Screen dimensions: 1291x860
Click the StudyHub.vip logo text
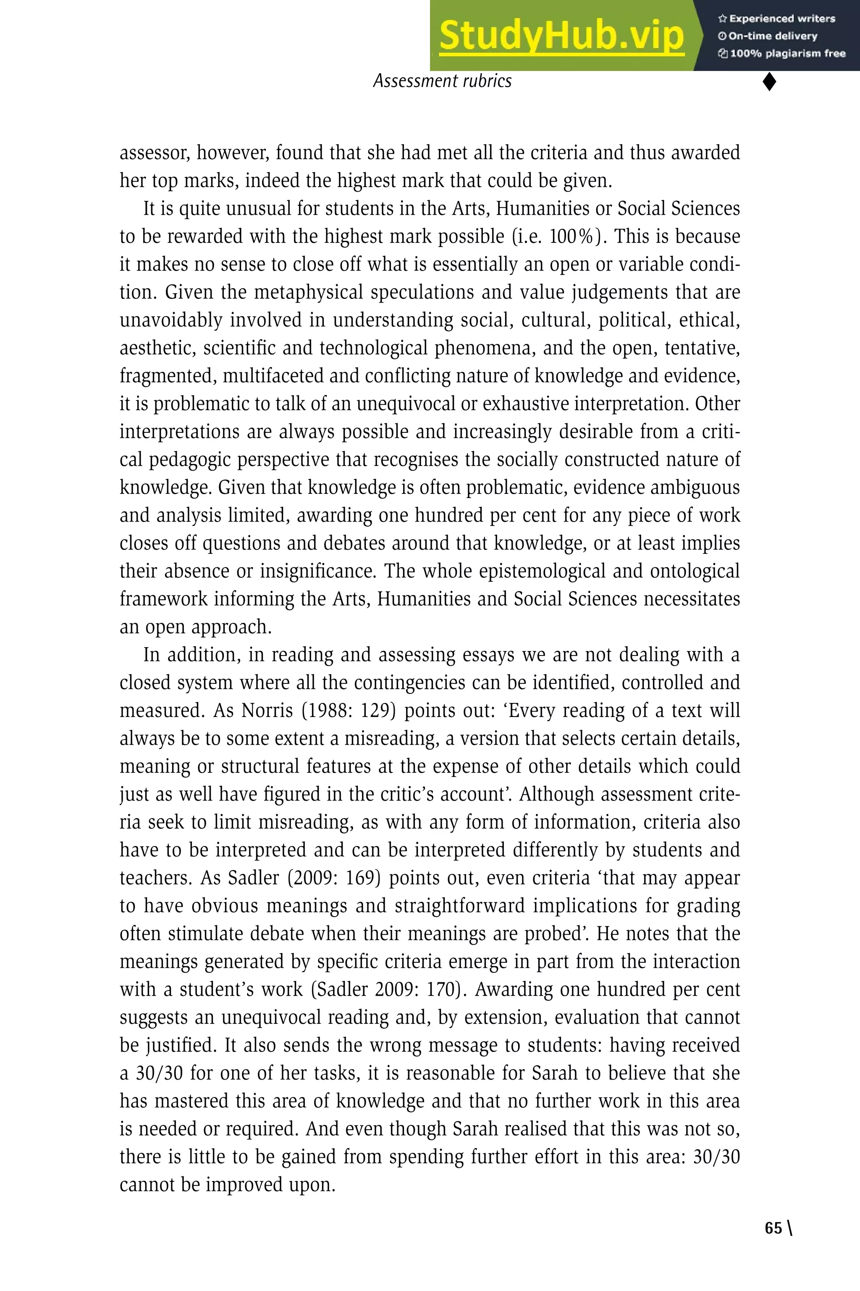pyautogui.click(x=561, y=36)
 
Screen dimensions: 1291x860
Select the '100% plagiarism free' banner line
pyautogui.click(x=782, y=53)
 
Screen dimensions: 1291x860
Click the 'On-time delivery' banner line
pyautogui.click(x=768, y=36)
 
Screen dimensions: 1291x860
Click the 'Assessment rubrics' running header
pyautogui.click(x=442, y=81)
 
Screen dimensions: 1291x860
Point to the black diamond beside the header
pyautogui.click(x=769, y=82)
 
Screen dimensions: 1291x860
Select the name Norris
pyautogui.click(x=267, y=710)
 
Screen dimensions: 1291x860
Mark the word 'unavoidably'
pyautogui.click(x=170, y=320)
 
